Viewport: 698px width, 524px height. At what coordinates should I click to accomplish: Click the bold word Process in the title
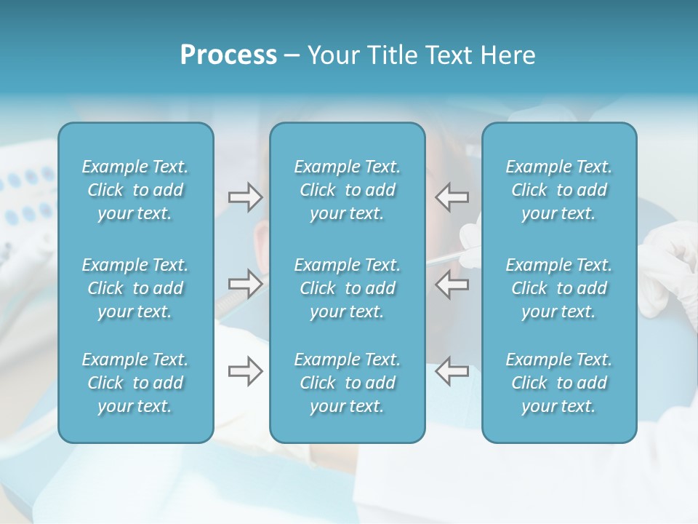click(228, 55)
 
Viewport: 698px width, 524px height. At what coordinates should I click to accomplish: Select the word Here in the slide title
click(508, 55)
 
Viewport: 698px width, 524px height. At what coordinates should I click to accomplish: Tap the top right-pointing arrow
click(245, 197)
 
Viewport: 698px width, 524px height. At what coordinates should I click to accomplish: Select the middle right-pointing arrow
click(245, 284)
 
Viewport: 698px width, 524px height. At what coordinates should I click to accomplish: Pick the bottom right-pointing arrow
click(245, 371)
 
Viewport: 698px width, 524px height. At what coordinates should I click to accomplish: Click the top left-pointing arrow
click(452, 197)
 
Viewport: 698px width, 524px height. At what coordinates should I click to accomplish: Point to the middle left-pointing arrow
click(452, 284)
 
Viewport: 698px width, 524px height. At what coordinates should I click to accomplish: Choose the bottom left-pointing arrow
click(452, 371)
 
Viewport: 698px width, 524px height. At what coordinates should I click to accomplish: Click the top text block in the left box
click(135, 190)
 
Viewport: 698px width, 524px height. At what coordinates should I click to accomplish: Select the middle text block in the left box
click(135, 288)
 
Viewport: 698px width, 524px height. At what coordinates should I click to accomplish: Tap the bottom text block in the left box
click(135, 383)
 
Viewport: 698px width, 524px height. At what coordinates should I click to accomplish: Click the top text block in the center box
click(347, 190)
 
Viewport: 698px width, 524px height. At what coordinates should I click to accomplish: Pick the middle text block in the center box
click(347, 288)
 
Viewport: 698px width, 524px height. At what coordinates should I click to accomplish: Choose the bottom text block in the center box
click(347, 383)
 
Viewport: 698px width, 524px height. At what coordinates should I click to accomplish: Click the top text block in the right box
click(558, 190)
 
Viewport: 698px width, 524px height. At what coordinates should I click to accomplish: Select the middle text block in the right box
click(558, 288)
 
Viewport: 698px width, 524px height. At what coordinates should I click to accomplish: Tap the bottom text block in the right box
click(558, 383)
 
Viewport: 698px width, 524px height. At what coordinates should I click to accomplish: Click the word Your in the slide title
click(332, 55)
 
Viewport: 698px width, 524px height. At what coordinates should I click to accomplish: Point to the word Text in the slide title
click(447, 55)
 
